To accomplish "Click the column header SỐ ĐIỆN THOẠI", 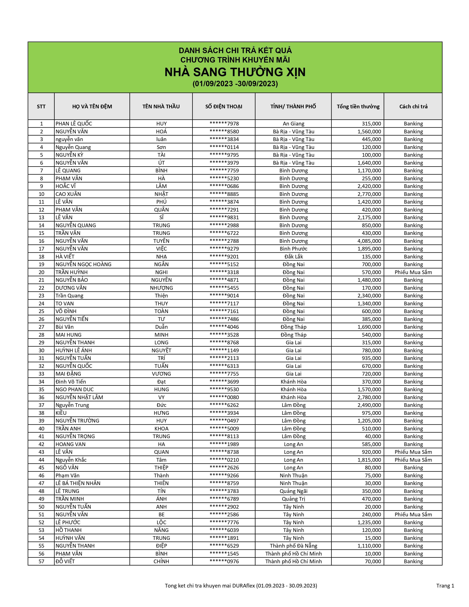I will point(224,107).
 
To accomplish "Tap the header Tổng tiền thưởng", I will point(358,107).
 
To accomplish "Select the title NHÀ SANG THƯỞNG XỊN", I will point(235,72).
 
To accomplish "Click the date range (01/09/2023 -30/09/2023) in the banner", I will point(235,84).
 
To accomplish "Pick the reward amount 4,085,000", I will point(369,241).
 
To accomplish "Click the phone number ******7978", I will point(224,124).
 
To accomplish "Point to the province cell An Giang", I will point(293,124).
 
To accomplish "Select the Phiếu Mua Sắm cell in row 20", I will point(413,272).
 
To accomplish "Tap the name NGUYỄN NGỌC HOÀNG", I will point(83,264).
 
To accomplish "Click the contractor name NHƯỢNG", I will point(161,288).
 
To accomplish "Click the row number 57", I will point(41,561).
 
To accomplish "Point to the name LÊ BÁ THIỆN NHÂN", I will point(78,483).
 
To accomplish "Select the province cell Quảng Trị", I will point(293,499).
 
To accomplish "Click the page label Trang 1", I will point(445,586).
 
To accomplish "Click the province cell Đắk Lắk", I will point(293,257).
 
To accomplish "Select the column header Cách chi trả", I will point(413,107).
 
